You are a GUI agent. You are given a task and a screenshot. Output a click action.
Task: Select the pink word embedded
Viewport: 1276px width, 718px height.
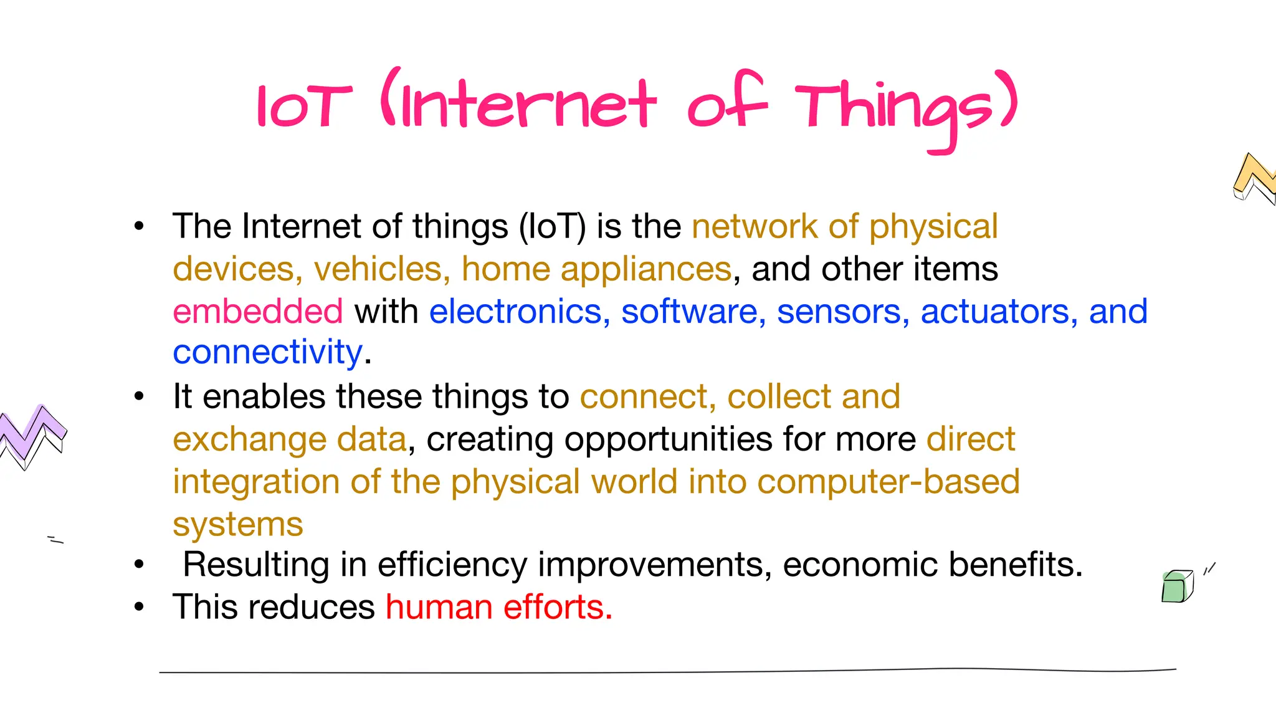pyautogui.click(x=257, y=311)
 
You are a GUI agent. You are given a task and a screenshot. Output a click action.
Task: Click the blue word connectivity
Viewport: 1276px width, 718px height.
pyautogui.click(x=267, y=353)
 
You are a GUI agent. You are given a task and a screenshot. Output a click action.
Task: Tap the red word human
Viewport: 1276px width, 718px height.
pyautogui.click(x=439, y=607)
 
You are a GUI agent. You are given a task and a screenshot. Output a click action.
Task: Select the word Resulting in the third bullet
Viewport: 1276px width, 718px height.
pyautogui.click(x=255, y=565)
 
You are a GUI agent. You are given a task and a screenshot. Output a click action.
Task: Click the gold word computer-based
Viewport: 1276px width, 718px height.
pyautogui.click(x=888, y=482)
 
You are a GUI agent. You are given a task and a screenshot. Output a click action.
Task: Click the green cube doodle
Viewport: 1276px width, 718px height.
pyautogui.click(x=1176, y=586)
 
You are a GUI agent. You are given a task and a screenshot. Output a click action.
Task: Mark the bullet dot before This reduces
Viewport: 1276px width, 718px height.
pyautogui.click(x=139, y=606)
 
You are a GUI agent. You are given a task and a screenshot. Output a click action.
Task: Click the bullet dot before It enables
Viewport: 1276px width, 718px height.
pyautogui.click(x=139, y=396)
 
